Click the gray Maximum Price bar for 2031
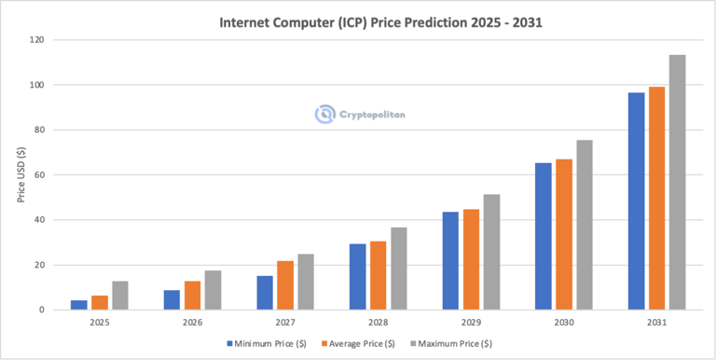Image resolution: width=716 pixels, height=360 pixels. click(x=677, y=182)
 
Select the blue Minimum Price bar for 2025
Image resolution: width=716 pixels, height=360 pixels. click(x=79, y=304)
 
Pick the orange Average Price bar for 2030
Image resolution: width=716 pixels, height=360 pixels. click(x=563, y=234)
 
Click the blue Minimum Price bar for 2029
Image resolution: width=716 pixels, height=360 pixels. click(x=451, y=260)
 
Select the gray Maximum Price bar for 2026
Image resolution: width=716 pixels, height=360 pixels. click(x=213, y=290)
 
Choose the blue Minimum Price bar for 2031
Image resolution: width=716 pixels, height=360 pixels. click(x=636, y=201)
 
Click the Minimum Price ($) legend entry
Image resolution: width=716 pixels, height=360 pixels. click(x=268, y=343)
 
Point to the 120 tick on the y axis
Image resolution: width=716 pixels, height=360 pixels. click(x=37, y=40)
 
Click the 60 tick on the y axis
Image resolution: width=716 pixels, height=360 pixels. click(x=40, y=175)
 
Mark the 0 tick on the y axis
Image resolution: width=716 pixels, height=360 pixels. click(x=43, y=310)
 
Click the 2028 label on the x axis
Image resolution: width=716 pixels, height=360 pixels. click(x=379, y=323)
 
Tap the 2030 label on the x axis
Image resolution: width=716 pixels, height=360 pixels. click(x=563, y=323)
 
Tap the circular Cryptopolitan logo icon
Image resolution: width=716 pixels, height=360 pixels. click(x=324, y=115)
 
